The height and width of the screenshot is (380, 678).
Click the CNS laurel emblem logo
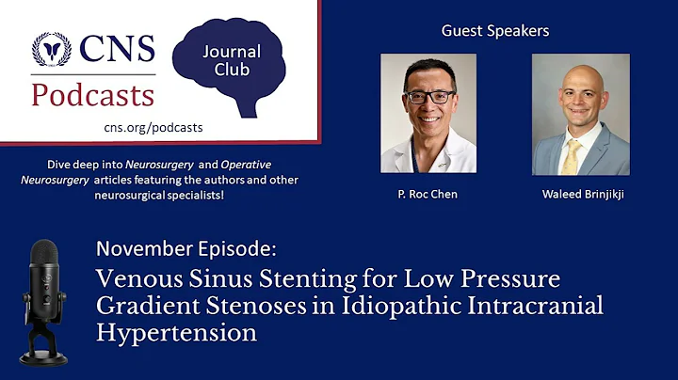point(51,50)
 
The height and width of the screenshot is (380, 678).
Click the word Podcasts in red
point(92,95)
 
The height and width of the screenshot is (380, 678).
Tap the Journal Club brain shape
point(232,66)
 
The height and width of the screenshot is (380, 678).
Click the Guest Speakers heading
point(495,31)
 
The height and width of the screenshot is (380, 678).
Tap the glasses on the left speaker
point(428,97)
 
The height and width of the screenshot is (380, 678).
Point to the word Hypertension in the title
point(177,333)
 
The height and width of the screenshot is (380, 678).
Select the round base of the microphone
point(44,358)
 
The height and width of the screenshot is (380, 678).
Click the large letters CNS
point(117,49)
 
